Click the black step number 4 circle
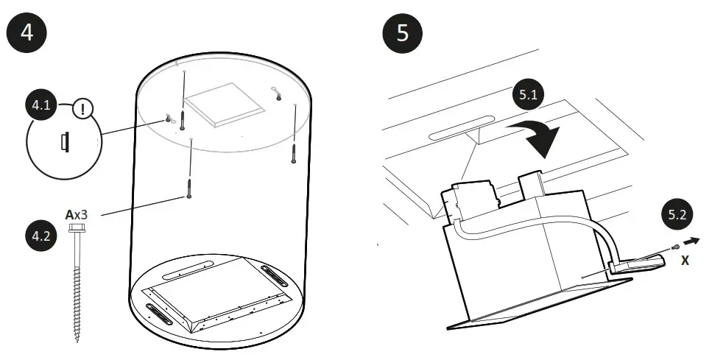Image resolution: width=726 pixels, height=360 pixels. pyautogui.click(x=27, y=35)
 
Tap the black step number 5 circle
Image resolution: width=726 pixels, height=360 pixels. pyautogui.click(x=402, y=35)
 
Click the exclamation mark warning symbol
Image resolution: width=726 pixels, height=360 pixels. pyautogui.click(x=83, y=110)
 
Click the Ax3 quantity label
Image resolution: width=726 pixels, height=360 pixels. pyautogui.click(x=77, y=215)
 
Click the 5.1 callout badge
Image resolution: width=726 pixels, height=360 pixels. pyautogui.click(x=527, y=97)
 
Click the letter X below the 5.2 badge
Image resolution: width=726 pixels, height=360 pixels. pyautogui.click(x=685, y=260)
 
